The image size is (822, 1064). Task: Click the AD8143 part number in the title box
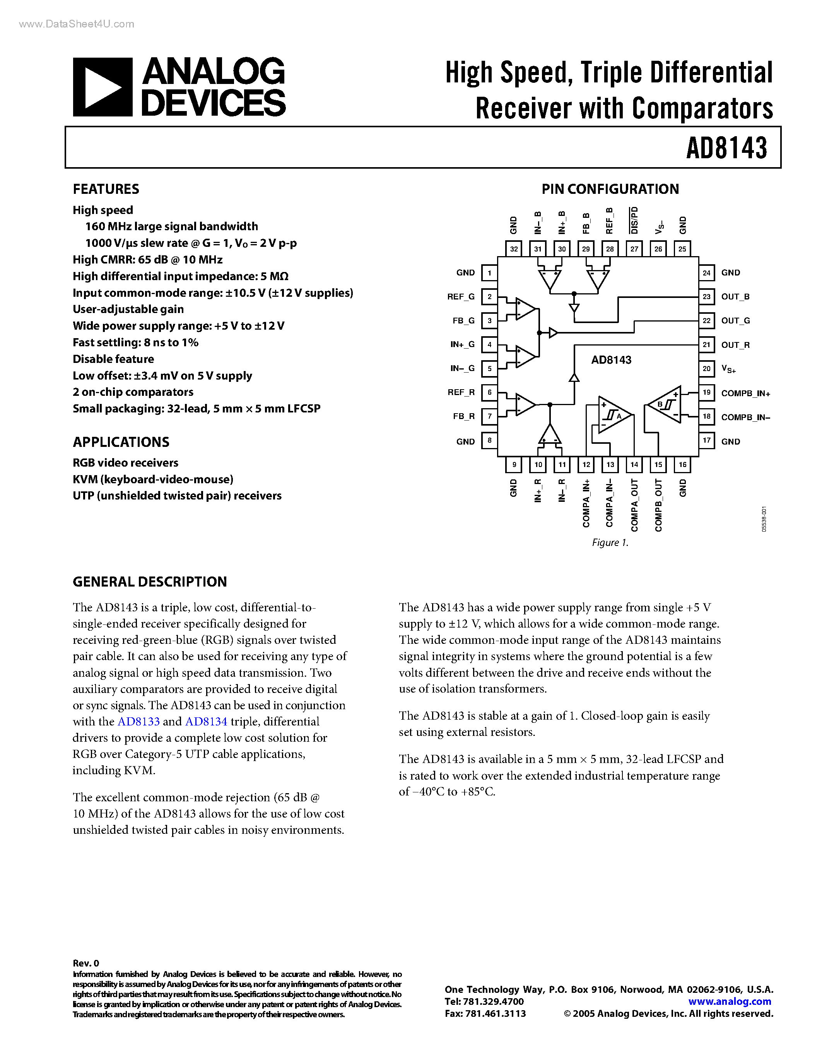click(x=726, y=148)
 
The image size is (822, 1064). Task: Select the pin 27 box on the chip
click(x=634, y=249)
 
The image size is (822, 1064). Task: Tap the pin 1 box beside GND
click(x=489, y=273)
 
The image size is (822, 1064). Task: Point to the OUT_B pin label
click(x=735, y=297)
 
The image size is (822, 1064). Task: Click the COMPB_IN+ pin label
click(x=745, y=393)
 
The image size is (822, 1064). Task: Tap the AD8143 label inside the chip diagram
click(x=611, y=360)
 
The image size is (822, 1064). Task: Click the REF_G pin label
click(x=461, y=297)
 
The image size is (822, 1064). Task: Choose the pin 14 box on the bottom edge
click(x=634, y=465)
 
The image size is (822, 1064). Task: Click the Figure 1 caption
click(x=610, y=543)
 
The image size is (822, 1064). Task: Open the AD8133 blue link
click(x=139, y=722)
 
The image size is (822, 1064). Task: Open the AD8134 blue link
click(x=206, y=722)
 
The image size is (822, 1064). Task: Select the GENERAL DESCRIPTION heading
click(x=149, y=582)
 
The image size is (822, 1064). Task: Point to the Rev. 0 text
click(x=86, y=963)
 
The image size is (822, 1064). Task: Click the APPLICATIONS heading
click(x=121, y=442)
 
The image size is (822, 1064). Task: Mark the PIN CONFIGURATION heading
click(x=610, y=189)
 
